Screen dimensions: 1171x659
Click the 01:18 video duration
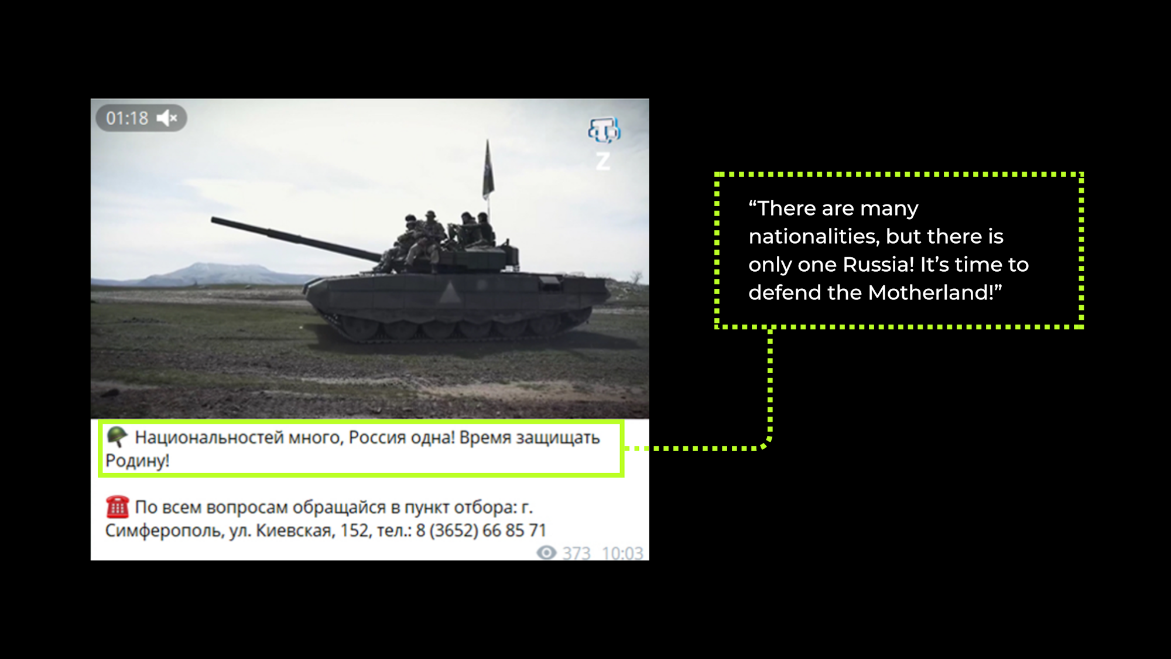(x=127, y=118)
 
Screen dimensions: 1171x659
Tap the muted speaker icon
(x=167, y=118)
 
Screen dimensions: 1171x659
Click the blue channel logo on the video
(x=604, y=130)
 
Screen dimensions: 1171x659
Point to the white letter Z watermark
(x=603, y=161)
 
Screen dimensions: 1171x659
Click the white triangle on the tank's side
(x=449, y=292)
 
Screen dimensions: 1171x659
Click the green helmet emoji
(x=117, y=436)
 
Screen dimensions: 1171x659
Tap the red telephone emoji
(x=117, y=507)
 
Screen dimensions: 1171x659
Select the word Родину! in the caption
(x=138, y=461)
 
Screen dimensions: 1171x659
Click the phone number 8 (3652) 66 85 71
(x=481, y=531)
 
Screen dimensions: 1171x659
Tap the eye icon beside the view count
(x=546, y=552)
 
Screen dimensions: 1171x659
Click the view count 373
(x=577, y=553)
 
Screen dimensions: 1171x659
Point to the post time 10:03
(x=622, y=553)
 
